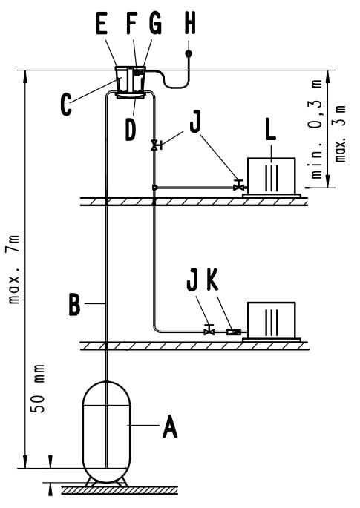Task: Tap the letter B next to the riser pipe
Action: coord(74,304)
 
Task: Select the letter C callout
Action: coord(66,105)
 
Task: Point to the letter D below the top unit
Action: coord(131,131)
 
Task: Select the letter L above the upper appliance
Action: coord(270,131)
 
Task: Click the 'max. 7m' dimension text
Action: coord(14,269)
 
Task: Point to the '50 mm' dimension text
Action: coord(39,389)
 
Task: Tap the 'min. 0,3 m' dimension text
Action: coord(317,129)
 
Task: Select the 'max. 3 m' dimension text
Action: coord(340,133)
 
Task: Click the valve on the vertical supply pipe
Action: coord(157,145)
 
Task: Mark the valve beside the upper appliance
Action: coord(239,185)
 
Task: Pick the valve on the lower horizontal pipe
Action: coord(209,330)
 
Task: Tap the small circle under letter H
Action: coord(189,53)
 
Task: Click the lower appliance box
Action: coord(272,320)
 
